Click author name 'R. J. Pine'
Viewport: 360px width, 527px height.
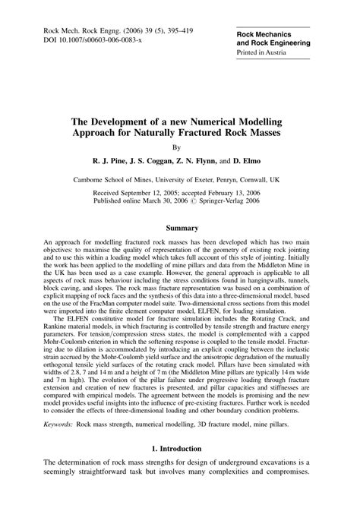112,162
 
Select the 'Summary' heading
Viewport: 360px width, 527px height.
179,228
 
